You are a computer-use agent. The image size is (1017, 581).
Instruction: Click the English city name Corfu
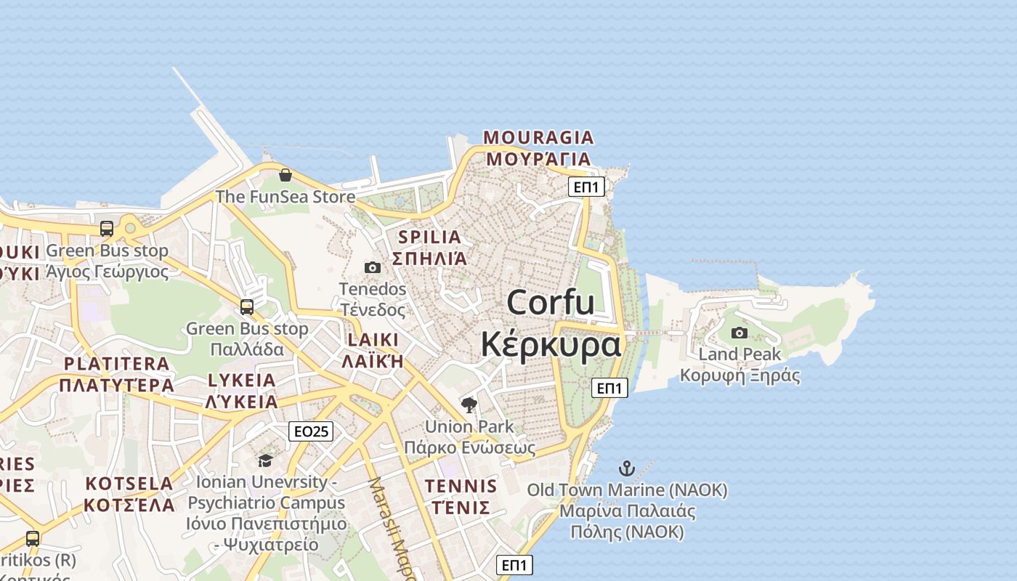tap(550, 302)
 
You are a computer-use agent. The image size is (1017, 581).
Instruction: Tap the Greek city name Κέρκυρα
tap(551, 344)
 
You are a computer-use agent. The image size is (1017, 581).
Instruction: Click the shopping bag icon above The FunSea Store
tap(285, 175)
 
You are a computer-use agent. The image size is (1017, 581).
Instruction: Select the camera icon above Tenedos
tap(373, 268)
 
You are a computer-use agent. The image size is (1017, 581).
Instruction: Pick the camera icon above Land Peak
tap(740, 333)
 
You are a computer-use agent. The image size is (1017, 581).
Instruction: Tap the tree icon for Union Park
tap(469, 405)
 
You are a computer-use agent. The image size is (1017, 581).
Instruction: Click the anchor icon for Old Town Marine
tap(627, 468)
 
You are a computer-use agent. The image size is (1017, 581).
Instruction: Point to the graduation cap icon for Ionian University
tap(265, 460)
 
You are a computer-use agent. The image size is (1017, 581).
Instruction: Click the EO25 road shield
tap(310, 431)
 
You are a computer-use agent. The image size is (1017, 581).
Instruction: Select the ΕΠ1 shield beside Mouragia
tap(586, 187)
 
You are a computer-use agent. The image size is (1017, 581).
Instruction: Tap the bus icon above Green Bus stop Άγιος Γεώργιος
tap(107, 229)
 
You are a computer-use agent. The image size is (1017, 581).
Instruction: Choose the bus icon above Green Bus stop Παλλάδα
tap(247, 307)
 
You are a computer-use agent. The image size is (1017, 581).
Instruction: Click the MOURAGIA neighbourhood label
tap(538, 137)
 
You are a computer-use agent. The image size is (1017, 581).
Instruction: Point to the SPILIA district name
tap(429, 237)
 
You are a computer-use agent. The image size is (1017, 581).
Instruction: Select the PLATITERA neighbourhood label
tap(116, 364)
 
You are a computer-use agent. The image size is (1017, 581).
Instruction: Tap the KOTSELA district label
tap(129, 484)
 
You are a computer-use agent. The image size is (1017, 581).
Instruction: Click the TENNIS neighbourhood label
tap(461, 487)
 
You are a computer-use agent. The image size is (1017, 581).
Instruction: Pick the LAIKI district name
tap(373, 340)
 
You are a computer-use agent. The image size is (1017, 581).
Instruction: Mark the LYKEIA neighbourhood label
tap(241, 380)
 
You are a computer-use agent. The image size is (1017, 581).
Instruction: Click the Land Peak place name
tap(740, 354)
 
